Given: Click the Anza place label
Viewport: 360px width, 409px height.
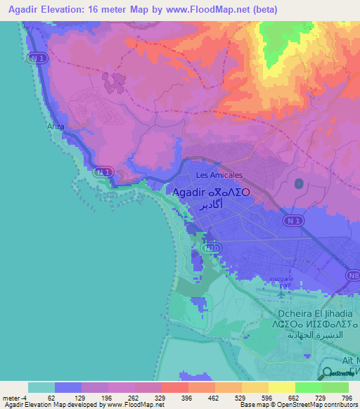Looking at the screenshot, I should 54,126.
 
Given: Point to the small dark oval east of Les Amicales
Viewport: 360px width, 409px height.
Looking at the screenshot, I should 299,184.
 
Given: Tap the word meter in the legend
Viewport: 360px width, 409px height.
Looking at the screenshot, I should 10,397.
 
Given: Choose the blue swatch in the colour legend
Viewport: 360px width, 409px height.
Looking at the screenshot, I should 68,387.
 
